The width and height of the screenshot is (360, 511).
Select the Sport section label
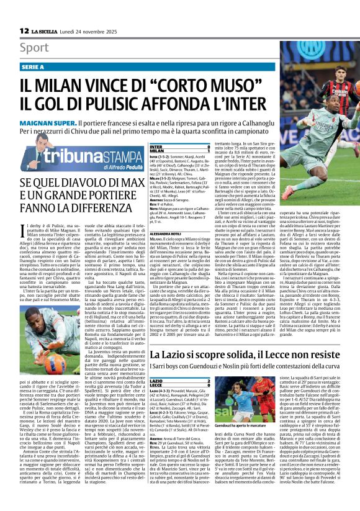click(34, 48)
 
